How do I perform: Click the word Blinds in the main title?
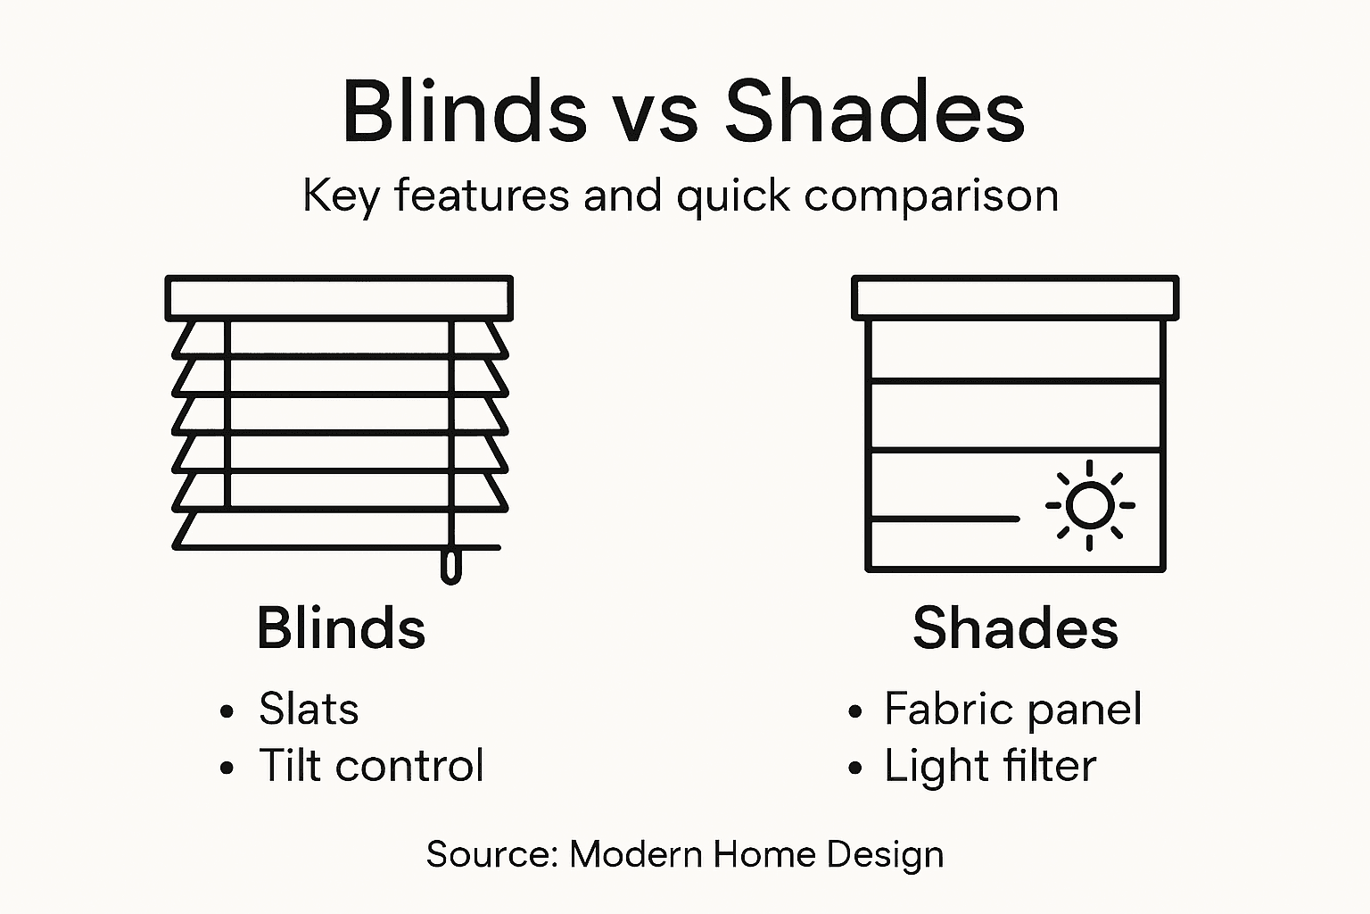(x=464, y=112)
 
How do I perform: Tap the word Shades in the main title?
(x=874, y=112)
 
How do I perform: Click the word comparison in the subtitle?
(x=931, y=196)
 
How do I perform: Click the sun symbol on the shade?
(x=1089, y=505)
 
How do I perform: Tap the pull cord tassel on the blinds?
(x=451, y=567)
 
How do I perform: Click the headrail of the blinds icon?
(x=339, y=298)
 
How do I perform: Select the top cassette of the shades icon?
(x=1015, y=298)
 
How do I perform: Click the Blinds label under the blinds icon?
(x=341, y=627)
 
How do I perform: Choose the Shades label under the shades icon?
(x=1015, y=627)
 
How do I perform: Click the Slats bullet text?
(x=309, y=710)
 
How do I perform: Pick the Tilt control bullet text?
(x=371, y=766)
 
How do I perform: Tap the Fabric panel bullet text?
(x=1012, y=710)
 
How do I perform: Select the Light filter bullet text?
(x=990, y=766)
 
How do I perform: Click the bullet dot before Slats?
(x=227, y=712)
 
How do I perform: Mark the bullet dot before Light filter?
(x=856, y=768)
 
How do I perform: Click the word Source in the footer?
(x=491, y=854)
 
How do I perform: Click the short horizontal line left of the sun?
(x=944, y=518)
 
